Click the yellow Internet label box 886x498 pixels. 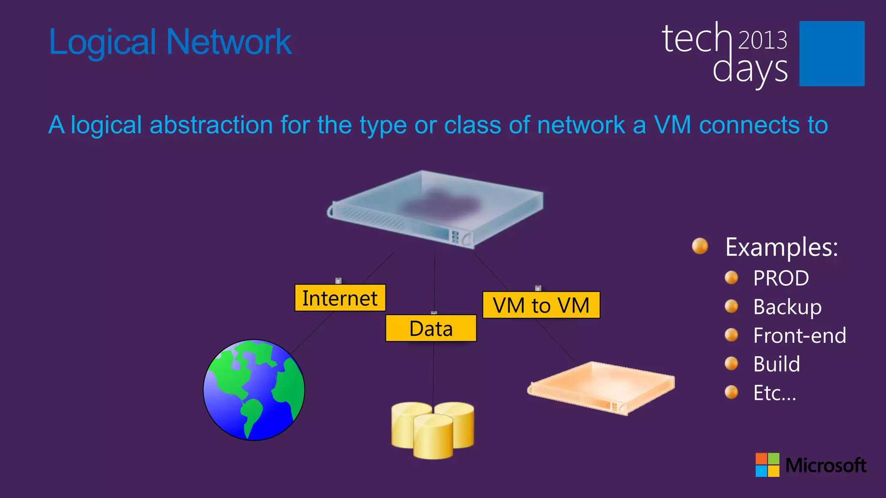coord(340,298)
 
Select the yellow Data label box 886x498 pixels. coord(431,328)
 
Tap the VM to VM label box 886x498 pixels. coord(541,305)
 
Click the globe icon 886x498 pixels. coord(254,390)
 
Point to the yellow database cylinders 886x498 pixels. coord(433,430)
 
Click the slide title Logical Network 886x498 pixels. coord(170,42)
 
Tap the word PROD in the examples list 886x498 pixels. coord(781,278)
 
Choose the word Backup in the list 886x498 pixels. coord(787,307)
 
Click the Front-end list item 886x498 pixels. coord(799,335)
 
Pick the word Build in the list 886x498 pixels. coord(777,364)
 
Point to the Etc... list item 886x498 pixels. coord(774,393)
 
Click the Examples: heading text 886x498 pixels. coord(782,247)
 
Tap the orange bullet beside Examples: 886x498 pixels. coord(700,246)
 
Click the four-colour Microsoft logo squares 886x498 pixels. coord(767,465)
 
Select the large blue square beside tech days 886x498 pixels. coord(831,54)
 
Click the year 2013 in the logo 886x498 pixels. coord(762,40)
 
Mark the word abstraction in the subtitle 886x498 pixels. coord(211,125)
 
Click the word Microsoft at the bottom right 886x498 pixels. coord(825,465)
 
